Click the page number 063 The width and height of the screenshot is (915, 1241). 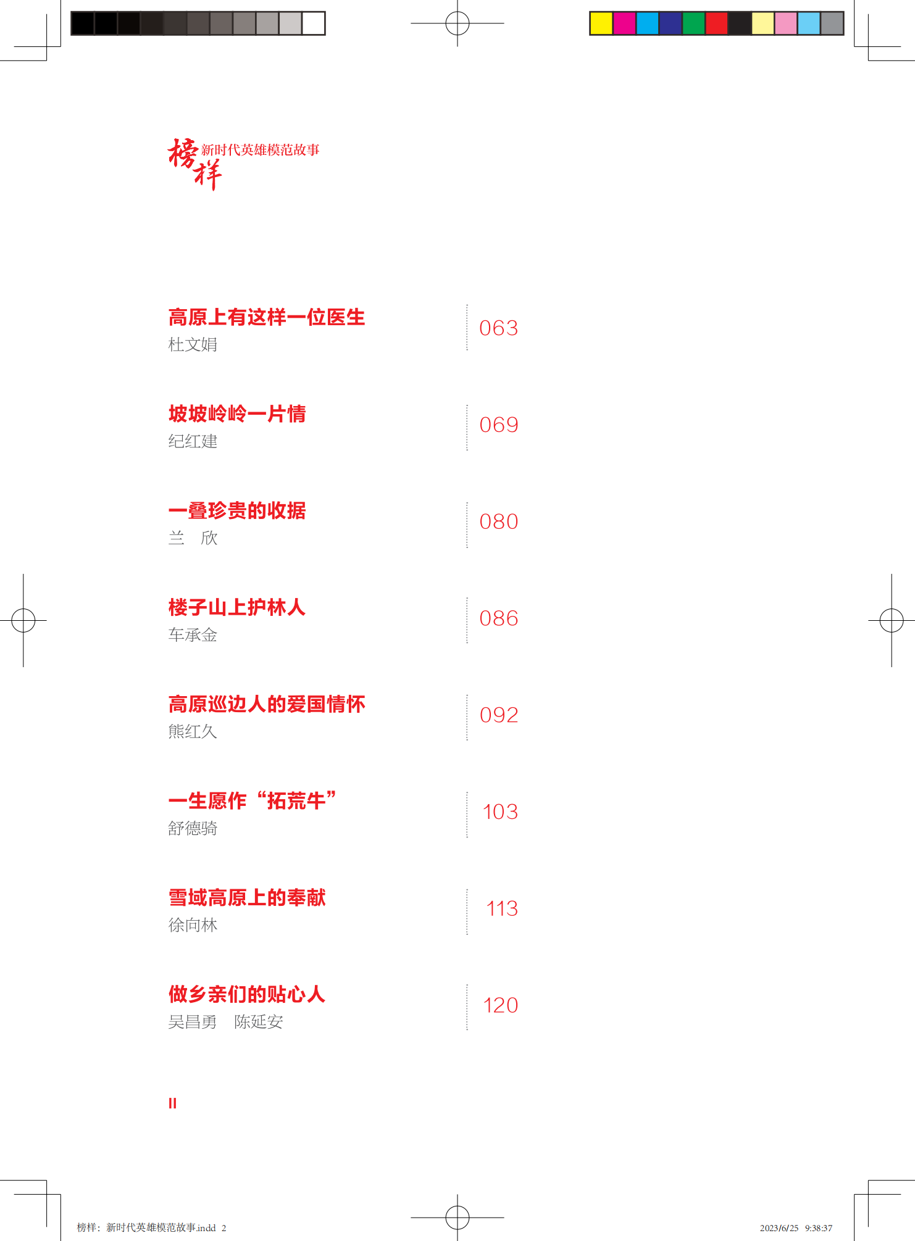point(498,328)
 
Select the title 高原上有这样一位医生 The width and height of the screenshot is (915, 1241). point(266,317)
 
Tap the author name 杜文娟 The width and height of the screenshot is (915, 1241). point(193,344)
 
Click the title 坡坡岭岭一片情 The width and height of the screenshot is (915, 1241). point(237,413)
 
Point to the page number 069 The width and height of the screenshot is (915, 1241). point(498,425)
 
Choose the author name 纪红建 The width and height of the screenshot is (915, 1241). point(193,441)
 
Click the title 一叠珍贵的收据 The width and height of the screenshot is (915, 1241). point(237,510)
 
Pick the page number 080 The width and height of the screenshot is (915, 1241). point(498,521)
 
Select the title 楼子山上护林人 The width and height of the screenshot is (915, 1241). point(237,607)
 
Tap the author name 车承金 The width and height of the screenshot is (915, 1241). point(193,635)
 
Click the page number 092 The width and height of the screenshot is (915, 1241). point(498,715)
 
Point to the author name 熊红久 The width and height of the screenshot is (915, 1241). point(193,731)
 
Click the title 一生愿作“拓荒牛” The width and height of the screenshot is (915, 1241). point(253,800)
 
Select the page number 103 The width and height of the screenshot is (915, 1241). point(499,811)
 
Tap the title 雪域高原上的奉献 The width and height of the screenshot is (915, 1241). point(247,897)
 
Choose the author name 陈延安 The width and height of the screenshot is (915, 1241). point(258,1022)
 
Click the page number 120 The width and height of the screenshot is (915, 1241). point(499,1005)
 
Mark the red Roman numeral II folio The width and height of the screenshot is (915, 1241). point(172,1103)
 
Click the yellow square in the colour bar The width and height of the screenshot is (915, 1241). point(601,23)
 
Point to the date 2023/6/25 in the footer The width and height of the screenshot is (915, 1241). point(779,1228)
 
